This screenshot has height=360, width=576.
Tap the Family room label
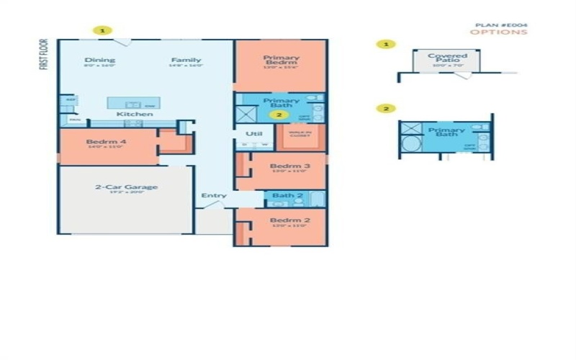coord(186,60)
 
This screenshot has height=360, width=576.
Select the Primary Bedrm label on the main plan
coord(281,60)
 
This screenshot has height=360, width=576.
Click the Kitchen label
coord(135,114)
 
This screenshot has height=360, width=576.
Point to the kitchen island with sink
coord(134,103)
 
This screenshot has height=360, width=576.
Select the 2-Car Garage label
coord(126,187)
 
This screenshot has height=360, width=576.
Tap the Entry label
coord(214,196)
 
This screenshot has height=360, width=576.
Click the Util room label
coord(253,134)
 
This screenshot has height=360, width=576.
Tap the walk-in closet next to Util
coord(300,135)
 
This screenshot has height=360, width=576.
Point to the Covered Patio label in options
coord(447,58)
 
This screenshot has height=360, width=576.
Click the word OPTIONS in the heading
coord(498,32)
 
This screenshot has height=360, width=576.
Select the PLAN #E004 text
coord(501,24)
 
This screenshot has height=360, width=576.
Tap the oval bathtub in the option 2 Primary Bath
coord(411,144)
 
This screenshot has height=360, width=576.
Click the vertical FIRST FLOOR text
coord(45,54)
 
